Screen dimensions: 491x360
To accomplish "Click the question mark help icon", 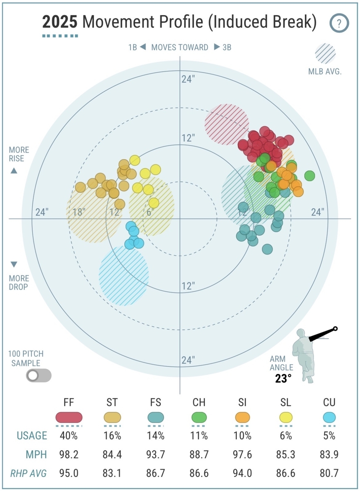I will pos(339,23).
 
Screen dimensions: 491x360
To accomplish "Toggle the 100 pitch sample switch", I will pos(39,375).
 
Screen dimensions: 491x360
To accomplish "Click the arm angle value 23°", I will pos(283,378).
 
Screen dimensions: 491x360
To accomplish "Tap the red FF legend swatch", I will pos(69,417).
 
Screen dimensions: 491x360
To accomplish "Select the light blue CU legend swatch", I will pos(329,417).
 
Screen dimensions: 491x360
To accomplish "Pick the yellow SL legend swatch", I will pos(286,417).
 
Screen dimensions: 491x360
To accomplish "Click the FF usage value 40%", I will pos(69,436).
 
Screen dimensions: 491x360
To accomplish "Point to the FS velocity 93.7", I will pos(155,455).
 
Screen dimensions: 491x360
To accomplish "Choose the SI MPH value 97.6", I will pos(243,455).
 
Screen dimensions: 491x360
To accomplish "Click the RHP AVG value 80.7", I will pos(329,474).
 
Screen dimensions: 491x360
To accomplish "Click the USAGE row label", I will pos(32,436).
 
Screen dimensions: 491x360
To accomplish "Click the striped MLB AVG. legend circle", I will pos(325,54).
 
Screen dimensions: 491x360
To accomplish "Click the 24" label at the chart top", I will pos(188,79).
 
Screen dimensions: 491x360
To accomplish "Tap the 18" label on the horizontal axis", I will pos(79,212).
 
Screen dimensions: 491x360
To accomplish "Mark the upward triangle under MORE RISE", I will pos(14,171).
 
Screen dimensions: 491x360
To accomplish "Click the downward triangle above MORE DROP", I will pos(14,264).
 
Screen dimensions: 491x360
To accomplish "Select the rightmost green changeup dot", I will pos(310,176).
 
